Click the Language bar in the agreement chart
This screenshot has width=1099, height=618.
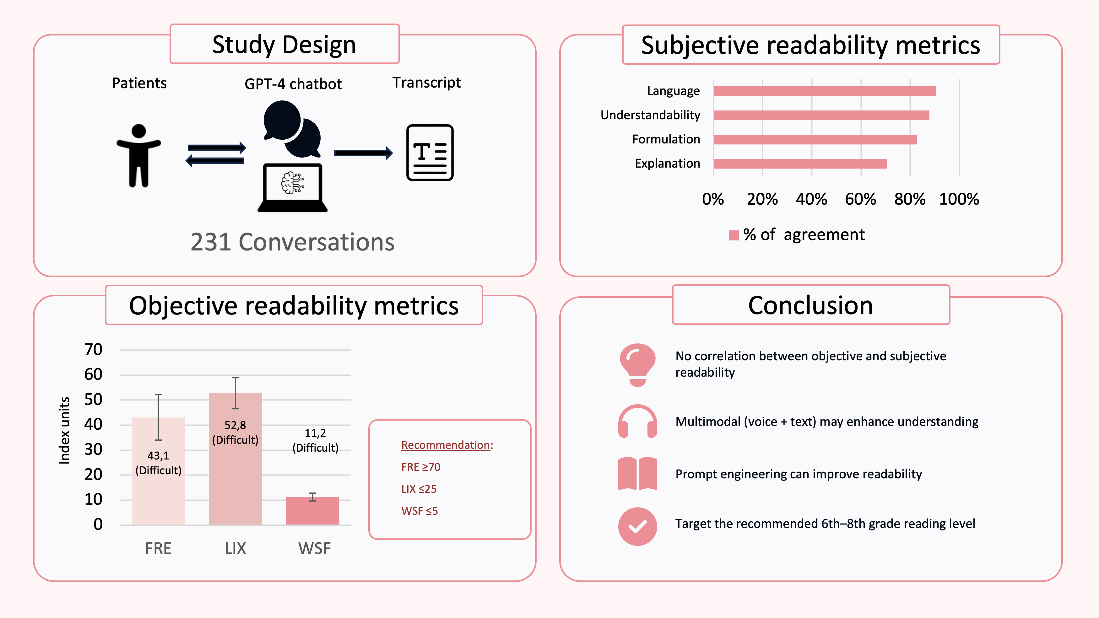click(x=824, y=91)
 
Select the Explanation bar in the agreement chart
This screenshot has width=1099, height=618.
click(x=800, y=163)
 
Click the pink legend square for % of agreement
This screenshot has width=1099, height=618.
click(x=734, y=235)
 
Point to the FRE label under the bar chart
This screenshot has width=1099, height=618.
click(x=158, y=548)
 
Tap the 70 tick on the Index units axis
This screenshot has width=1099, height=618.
click(x=94, y=349)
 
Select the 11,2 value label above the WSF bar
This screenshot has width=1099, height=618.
click(x=315, y=433)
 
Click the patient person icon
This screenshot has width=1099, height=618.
click(x=139, y=156)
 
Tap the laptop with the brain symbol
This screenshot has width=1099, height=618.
click(x=293, y=187)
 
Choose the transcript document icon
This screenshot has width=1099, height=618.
click(x=430, y=152)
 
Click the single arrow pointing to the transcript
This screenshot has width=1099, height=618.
click(x=363, y=153)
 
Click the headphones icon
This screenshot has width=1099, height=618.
click(x=637, y=422)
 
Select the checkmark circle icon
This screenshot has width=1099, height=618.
click(x=637, y=526)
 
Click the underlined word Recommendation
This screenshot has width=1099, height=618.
click(x=445, y=445)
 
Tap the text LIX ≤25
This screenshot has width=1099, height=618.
click(x=419, y=489)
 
